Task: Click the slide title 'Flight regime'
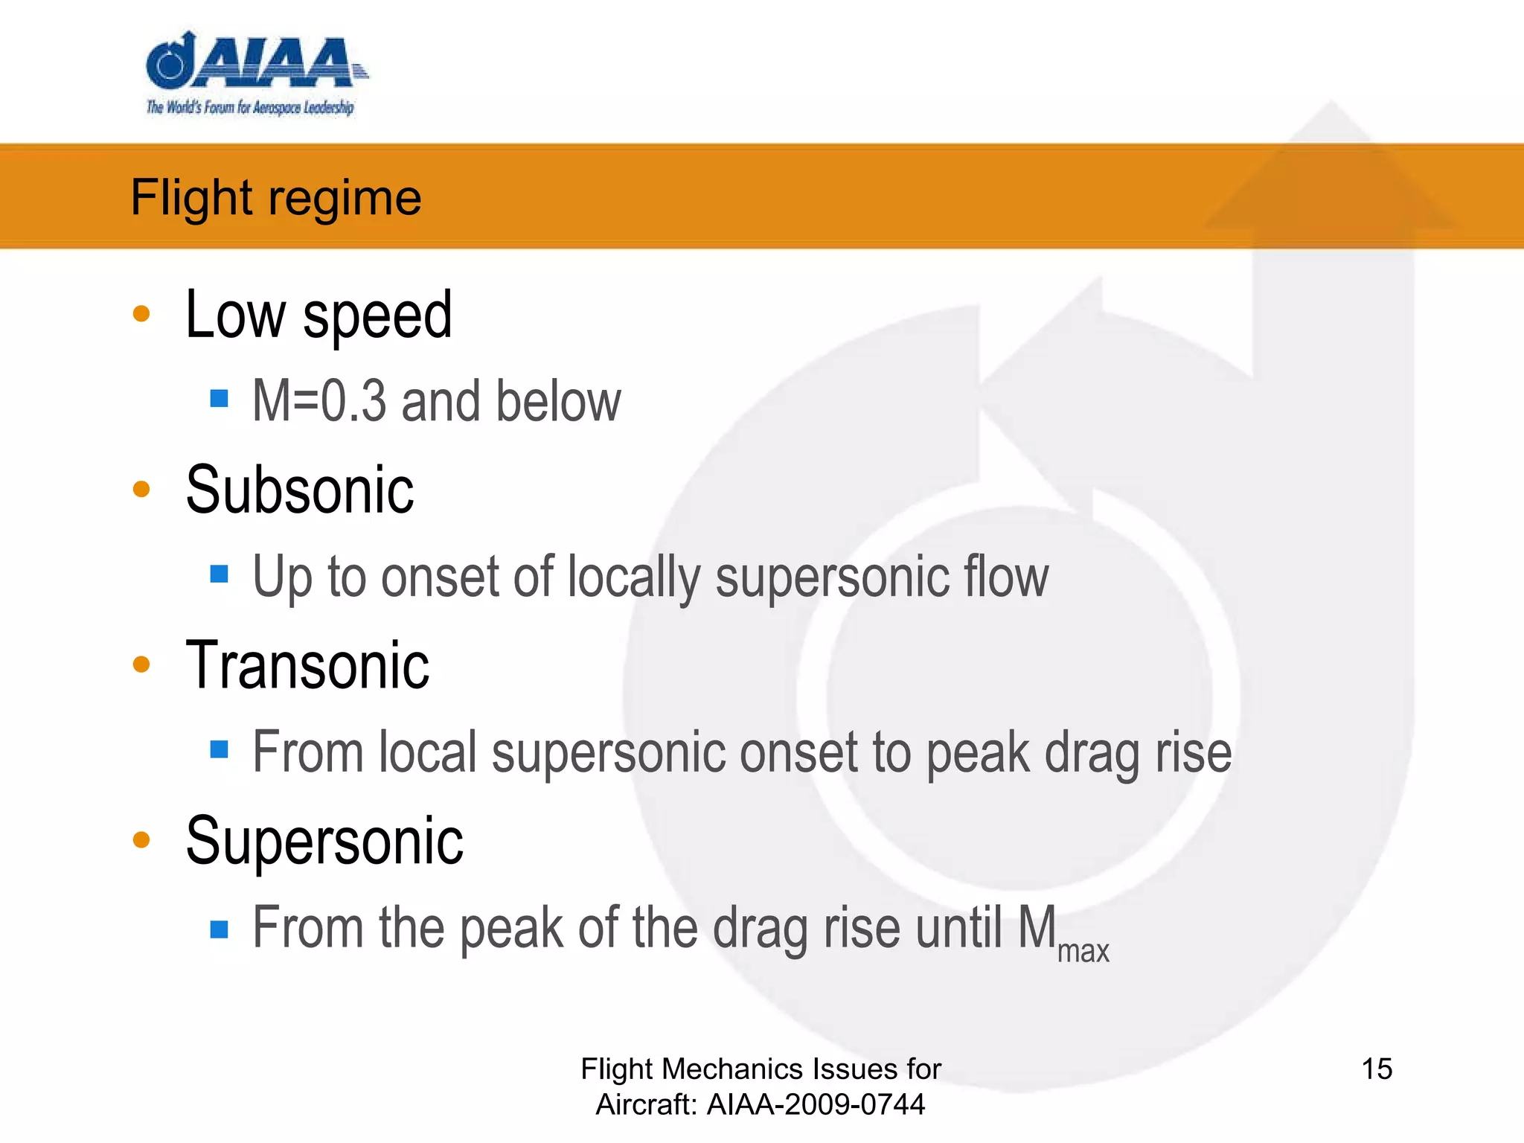(x=275, y=197)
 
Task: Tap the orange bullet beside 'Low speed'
(x=141, y=313)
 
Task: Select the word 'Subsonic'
(x=299, y=490)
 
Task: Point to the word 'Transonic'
(x=307, y=665)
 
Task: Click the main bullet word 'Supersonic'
(x=324, y=841)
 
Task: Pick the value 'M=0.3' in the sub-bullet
(x=319, y=401)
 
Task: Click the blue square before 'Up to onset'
(x=219, y=574)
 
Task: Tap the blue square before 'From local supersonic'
(x=219, y=749)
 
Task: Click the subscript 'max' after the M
(x=1083, y=952)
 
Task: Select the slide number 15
(x=1377, y=1069)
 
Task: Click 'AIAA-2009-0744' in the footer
(x=816, y=1105)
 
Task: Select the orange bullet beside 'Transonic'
(x=141, y=664)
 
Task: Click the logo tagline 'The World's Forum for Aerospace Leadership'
(x=250, y=108)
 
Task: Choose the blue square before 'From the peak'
(x=219, y=929)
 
